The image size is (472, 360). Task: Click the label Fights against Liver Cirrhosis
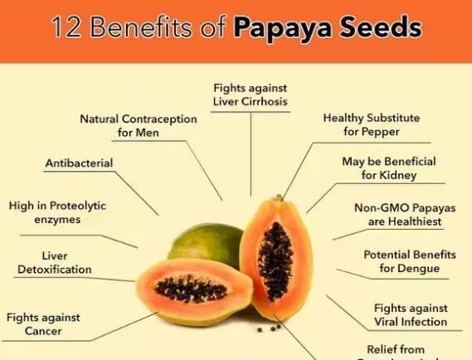pyautogui.click(x=250, y=94)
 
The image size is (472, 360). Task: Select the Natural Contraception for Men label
pyautogui.click(x=139, y=125)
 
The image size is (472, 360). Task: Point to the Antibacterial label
pyautogui.click(x=79, y=163)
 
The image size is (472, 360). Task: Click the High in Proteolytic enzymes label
pyautogui.click(x=57, y=212)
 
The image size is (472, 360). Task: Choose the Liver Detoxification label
pyautogui.click(x=55, y=263)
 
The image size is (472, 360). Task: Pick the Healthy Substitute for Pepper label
pyautogui.click(x=371, y=124)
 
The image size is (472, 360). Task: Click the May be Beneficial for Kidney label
pyautogui.click(x=388, y=168)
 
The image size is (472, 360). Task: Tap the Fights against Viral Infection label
pyautogui.click(x=410, y=314)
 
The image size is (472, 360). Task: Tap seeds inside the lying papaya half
pyautogui.click(x=192, y=289)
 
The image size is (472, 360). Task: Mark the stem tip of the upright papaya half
pyautogui.click(x=279, y=197)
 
